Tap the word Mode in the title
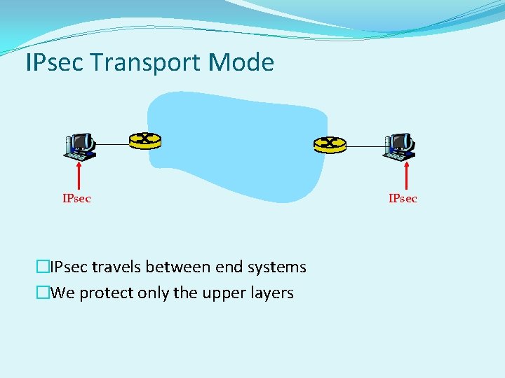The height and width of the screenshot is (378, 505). pyautogui.click(x=241, y=63)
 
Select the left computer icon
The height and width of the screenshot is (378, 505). pyautogui.click(x=79, y=145)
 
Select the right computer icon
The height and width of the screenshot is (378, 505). pyautogui.click(x=400, y=145)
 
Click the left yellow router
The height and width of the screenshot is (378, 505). pyautogui.click(x=145, y=140)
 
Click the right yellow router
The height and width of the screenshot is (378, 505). pyautogui.click(x=330, y=144)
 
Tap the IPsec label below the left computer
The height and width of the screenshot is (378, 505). pyautogui.click(x=76, y=199)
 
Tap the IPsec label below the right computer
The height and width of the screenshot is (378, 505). pyautogui.click(x=403, y=199)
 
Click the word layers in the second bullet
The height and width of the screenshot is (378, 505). pyautogui.click(x=271, y=293)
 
